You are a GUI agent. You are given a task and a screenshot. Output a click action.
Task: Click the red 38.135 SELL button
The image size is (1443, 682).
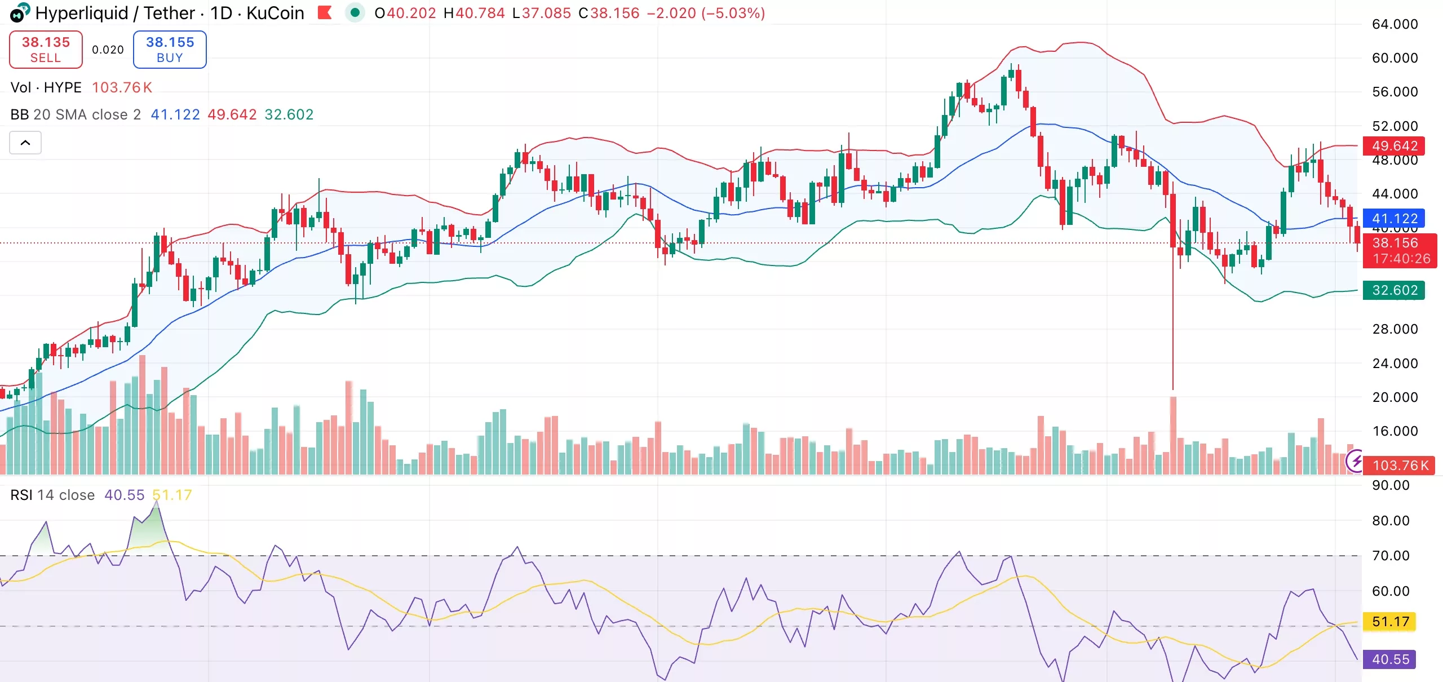(46, 50)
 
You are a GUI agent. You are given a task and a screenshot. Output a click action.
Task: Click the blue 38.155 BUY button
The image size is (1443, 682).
(170, 50)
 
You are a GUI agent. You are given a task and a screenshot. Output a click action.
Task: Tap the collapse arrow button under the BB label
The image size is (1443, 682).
(25, 143)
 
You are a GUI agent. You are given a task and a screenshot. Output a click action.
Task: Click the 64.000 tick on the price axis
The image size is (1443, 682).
(1395, 24)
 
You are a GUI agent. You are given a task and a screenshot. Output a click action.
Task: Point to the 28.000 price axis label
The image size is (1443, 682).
(1395, 329)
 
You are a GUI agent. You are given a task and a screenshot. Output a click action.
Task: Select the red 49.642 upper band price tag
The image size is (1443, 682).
(1393, 146)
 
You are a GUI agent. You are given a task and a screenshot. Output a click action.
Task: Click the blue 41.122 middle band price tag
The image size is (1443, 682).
(1393, 218)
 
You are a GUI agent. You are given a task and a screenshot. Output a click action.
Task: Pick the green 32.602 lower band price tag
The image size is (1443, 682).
(1393, 290)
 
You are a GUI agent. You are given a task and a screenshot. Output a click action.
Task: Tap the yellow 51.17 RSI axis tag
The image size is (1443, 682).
(1390, 622)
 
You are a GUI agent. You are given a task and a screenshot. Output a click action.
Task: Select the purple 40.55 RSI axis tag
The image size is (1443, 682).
(1390, 659)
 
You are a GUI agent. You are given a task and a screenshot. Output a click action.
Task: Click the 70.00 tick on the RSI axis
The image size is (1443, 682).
(1390, 556)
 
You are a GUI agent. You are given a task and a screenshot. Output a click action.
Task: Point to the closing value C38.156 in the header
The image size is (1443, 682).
(609, 13)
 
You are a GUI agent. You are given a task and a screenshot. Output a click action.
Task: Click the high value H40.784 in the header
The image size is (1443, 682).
(474, 13)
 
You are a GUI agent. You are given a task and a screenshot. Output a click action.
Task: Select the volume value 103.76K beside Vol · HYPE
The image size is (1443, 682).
(122, 87)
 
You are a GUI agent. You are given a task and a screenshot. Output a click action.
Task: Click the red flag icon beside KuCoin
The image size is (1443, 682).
(325, 12)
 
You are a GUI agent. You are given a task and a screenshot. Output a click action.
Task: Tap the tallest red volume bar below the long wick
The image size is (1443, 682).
(1173, 434)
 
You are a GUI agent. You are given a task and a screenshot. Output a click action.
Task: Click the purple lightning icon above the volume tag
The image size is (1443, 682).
(1355, 462)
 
